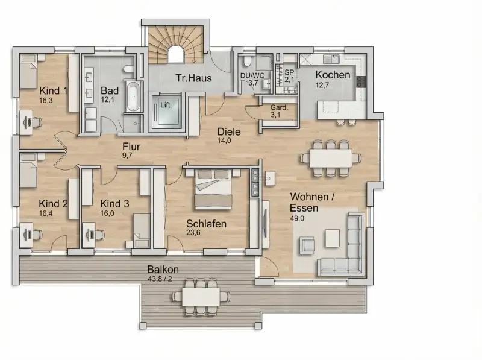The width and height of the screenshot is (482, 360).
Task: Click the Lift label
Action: (165, 105)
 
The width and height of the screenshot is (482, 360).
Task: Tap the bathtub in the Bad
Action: (134, 96)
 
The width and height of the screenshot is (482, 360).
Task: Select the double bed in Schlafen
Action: (213, 189)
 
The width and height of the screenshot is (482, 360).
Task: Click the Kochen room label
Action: (333, 75)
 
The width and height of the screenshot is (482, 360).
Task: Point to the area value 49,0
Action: (297, 218)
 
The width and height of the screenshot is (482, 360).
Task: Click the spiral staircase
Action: (175, 45)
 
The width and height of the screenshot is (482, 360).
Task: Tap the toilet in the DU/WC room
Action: (247, 62)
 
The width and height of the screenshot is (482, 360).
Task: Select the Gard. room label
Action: (279, 108)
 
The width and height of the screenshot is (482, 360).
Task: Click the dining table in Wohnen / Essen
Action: (331, 158)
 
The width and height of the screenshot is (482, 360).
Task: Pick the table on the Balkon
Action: (201, 296)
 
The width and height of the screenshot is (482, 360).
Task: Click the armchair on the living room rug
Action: (307, 245)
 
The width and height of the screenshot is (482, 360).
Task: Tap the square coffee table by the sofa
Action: (333, 238)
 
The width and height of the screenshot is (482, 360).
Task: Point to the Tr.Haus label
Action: (193, 78)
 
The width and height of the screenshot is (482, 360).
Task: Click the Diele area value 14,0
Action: (224, 141)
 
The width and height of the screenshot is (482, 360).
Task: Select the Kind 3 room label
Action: (114, 204)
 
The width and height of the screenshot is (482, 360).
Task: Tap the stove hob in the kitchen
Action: (361, 82)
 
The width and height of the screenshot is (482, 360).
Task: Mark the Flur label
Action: (131, 147)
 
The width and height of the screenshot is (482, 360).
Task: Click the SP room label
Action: (289, 72)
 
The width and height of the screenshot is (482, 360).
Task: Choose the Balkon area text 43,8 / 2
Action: (160, 279)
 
